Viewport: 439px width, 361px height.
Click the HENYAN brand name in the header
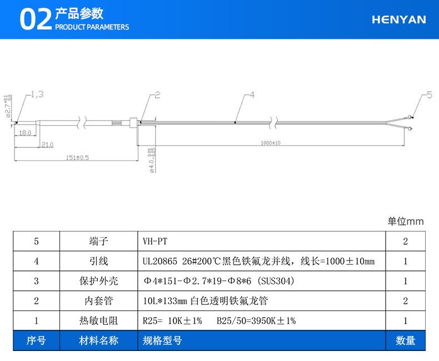(398, 19)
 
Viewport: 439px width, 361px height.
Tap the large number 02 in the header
(35, 20)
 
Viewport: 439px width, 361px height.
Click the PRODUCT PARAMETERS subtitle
(92, 27)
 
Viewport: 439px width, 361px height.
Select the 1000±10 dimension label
(271, 143)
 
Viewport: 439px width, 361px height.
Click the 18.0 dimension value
(24, 134)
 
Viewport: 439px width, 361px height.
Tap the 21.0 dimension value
(47, 145)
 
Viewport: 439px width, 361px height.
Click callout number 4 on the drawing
(251, 95)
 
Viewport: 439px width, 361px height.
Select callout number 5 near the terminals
(428, 95)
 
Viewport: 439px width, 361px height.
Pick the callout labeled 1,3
(37, 95)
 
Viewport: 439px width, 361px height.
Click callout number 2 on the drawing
(157, 95)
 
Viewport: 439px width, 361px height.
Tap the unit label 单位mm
(405, 221)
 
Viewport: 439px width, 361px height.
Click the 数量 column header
(405, 340)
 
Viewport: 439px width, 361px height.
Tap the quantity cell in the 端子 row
(405, 241)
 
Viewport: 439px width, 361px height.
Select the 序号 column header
(36, 340)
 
